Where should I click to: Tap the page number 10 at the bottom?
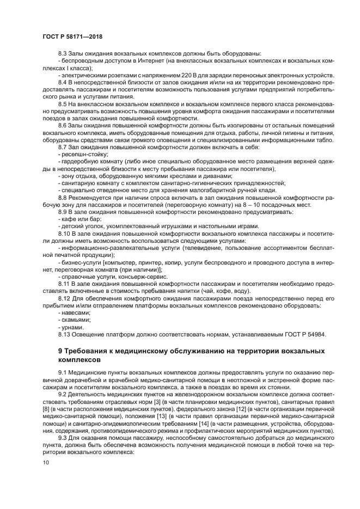[x=46, y=462]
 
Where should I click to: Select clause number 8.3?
[x=64, y=54]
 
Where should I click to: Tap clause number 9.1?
[x=64, y=372]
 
